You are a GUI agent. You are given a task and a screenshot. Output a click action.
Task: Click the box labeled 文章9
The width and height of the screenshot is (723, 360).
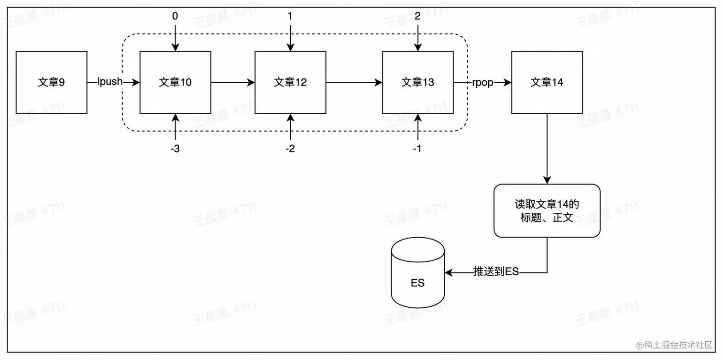coord(52,82)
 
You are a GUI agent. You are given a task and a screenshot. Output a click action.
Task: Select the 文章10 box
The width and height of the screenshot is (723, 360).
coord(175,82)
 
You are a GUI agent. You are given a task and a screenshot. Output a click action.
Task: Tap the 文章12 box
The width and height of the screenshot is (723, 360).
coord(290,82)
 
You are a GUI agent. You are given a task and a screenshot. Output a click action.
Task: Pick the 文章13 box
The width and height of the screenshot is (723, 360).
coord(418,82)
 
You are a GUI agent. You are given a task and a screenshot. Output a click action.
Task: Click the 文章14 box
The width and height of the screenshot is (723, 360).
coord(547,82)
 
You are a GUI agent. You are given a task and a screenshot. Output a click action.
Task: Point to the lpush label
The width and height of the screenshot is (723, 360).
coord(110,82)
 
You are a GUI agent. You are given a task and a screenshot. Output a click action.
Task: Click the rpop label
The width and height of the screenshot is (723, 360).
coord(482,82)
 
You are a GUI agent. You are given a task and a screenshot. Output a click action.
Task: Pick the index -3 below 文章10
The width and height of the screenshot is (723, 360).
coord(175,149)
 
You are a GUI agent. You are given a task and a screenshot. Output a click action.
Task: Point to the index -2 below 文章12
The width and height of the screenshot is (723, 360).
coord(290,149)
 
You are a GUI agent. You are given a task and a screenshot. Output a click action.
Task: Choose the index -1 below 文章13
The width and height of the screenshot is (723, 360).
coord(417,149)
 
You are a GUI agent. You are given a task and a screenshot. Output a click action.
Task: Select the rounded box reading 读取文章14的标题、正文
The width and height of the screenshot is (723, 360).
coord(547,211)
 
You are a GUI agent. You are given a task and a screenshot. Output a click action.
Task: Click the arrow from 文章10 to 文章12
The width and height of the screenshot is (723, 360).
coord(232,82)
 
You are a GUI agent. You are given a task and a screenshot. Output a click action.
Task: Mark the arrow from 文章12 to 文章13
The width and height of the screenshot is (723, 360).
coord(354,82)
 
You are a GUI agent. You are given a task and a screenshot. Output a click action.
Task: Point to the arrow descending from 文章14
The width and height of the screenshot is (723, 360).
coord(547,148)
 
